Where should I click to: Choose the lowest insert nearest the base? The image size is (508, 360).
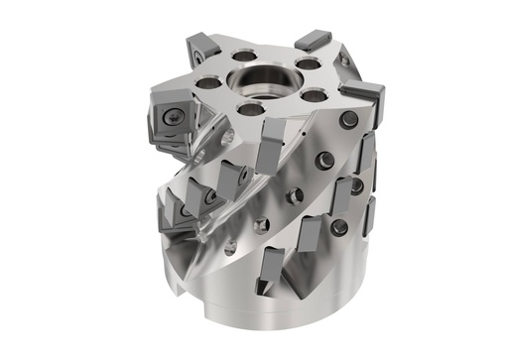pos(268,284)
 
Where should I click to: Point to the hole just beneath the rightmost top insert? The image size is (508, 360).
pos(347,121)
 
